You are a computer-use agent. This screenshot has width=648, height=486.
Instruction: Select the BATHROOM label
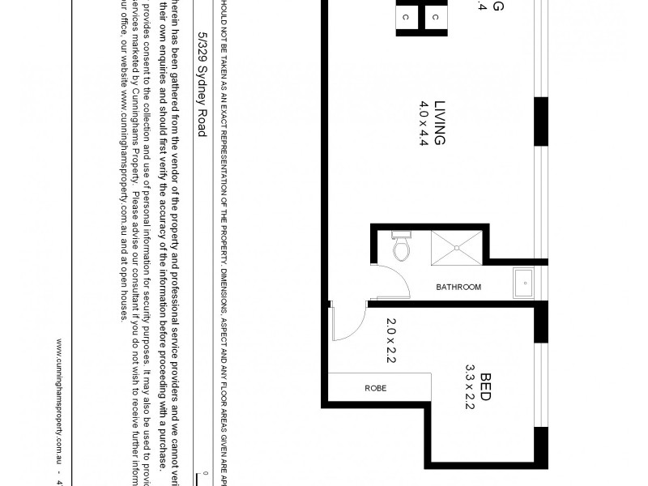coord(458,287)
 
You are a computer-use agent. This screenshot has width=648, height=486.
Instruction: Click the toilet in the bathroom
coord(400,249)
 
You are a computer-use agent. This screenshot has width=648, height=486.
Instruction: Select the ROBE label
coord(375,389)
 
